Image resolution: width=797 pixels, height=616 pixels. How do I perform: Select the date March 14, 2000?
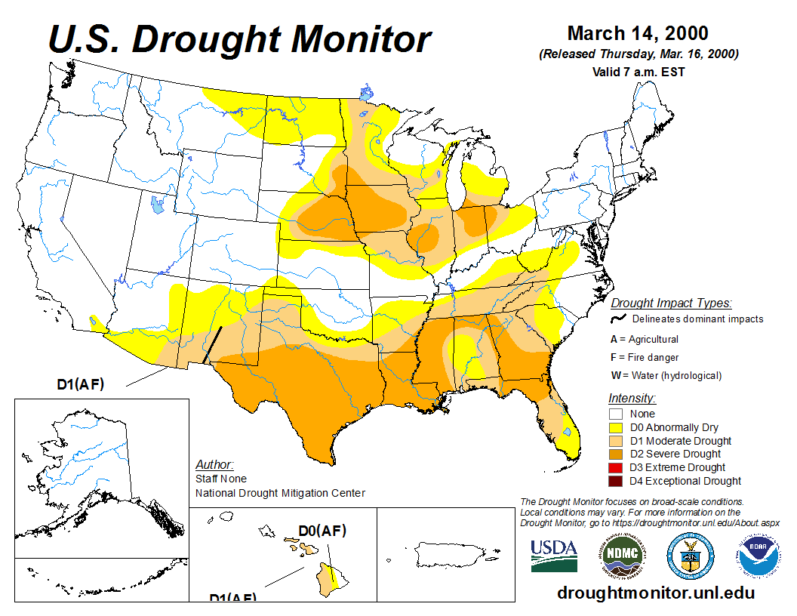(638, 33)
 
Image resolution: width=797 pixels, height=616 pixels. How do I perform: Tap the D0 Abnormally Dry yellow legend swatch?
(617, 427)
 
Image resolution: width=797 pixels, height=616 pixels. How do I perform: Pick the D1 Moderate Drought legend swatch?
(617, 441)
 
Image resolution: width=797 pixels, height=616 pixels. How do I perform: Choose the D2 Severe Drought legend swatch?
(617, 454)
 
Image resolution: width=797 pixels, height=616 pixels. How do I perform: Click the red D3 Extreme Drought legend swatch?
(617, 467)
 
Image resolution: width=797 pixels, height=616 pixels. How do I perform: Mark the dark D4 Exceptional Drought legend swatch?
(617, 481)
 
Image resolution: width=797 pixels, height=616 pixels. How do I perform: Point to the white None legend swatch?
(617, 414)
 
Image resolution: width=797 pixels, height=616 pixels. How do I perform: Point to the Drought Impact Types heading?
(671, 303)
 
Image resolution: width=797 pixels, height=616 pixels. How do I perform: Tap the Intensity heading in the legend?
(632, 398)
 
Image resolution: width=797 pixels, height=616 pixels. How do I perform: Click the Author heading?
(214, 464)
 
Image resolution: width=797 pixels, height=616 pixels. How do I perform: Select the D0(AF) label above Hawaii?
(322, 531)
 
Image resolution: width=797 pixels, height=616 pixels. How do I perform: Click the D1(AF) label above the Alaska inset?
(81, 384)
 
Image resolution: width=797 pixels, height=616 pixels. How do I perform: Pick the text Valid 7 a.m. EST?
(638, 72)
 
